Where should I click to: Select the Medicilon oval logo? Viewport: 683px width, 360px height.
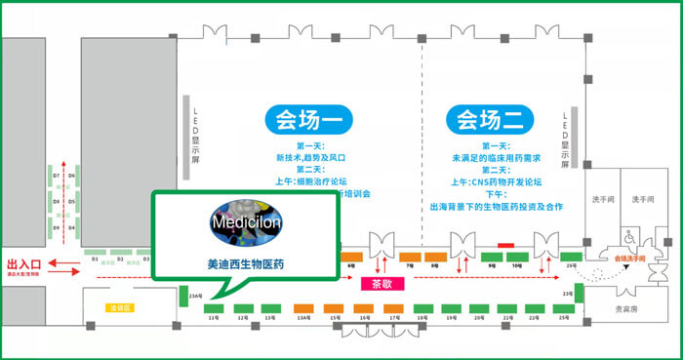[x=246, y=222]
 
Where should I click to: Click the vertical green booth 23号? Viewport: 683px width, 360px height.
[x=574, y=293]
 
